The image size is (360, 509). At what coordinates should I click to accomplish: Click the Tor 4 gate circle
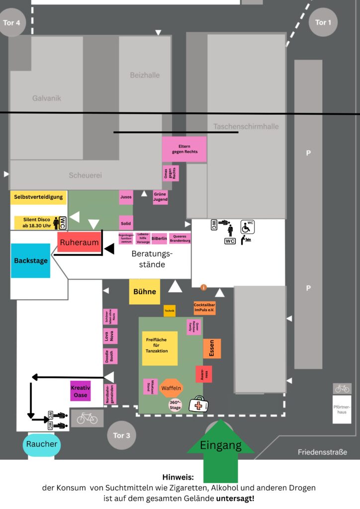pyautogui.click(x=11, y=23)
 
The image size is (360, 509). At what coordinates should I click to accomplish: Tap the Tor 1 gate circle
pyautogui.click(x=323, y=22)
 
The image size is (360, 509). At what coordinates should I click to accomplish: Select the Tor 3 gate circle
pyautogui.click(x=121, y=435)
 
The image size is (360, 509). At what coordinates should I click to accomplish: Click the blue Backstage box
pyautogui.click(x=31, y=260)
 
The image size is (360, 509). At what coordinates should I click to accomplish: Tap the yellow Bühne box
pyautogui.click(x=145, y=292)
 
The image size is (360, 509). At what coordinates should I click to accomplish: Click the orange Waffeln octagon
pyautogui.click(x=172, y=388)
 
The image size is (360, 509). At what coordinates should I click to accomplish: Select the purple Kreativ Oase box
pyautogui.click(x=81, y=391)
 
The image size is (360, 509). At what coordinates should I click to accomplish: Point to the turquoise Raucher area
pyautogui.click(x=42, y=444)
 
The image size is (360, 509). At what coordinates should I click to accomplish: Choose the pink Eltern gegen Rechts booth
pyautogui.click(x=184, y=149)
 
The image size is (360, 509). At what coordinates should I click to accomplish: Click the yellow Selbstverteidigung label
pyautogui.click(x=38, y=197)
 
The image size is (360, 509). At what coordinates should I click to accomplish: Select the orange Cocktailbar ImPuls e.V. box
pyautogui.click(x=204, y=308)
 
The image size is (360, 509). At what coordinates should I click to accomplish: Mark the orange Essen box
pyautogui.click(x=212, y=348)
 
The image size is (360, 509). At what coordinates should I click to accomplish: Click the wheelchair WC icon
pyautogui.click(x=248, y=227)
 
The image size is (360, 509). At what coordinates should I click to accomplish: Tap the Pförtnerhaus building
pyautogui.click(x=342, y=409)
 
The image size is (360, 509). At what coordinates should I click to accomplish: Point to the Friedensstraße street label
pyautogui.click(x=322, y=452)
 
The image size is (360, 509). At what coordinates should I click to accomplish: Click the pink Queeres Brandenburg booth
pyautogui.click(x=180, y=239)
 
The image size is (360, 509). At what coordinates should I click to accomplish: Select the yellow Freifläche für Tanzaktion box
pyautogui.click(x=160, y=348)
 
